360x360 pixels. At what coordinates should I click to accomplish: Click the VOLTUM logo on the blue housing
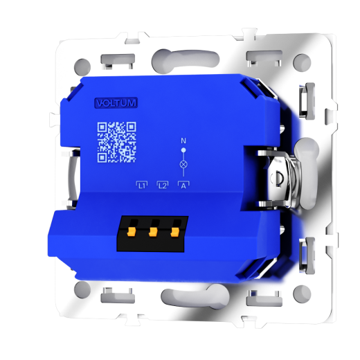[x=116, y=102]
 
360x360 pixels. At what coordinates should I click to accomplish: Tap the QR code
[x=116, y=142]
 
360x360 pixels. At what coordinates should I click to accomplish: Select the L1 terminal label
[x=142, y=185]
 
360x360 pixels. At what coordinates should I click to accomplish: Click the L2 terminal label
[x=163, y=185]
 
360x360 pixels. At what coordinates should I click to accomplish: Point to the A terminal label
[x=183, y=185]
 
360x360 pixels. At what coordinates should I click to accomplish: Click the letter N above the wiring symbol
[x=183, y=141]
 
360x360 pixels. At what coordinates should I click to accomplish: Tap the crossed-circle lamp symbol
[x=183, y=165]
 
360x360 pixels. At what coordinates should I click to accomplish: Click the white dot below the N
[x=183, y=150]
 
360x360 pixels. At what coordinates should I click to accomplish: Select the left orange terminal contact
[x=131, y=232]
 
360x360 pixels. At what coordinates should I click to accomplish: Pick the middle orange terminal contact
[x=153, y=232]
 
